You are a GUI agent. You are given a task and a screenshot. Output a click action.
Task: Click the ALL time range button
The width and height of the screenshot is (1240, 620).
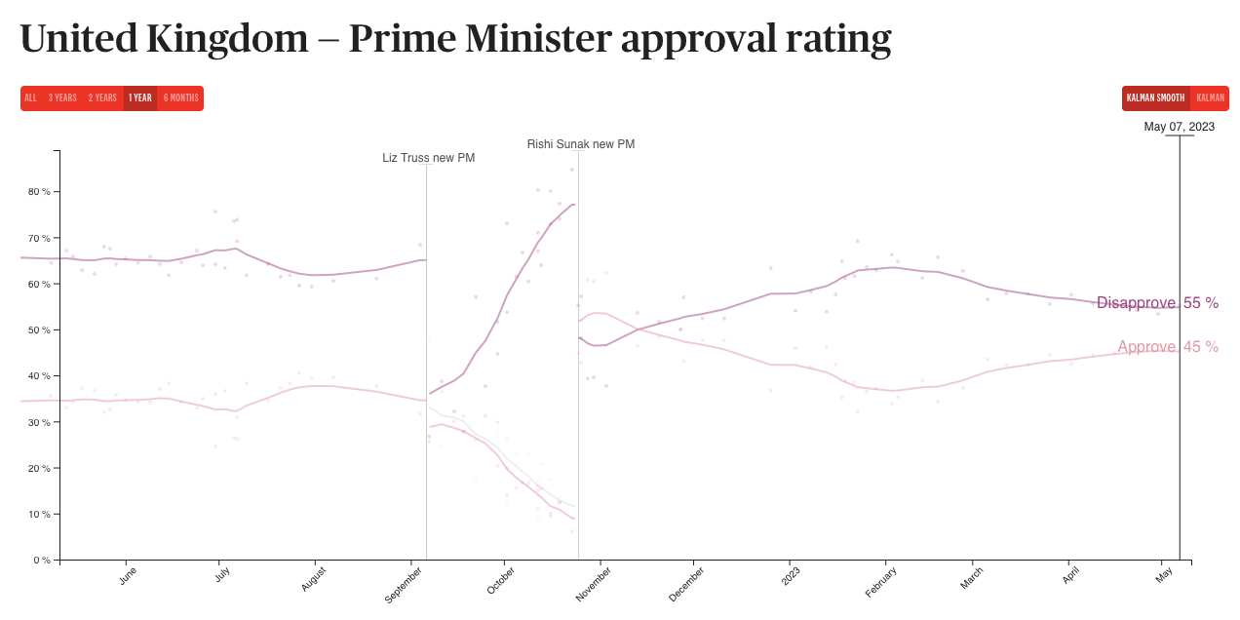[30, 98]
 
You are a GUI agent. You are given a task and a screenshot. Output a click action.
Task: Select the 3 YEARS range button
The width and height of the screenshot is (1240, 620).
[62, 98]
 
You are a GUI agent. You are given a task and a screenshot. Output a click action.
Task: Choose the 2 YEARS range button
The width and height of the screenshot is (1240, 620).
[102, 98]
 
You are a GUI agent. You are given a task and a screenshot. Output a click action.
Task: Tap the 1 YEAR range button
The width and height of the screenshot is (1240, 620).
[140, 98]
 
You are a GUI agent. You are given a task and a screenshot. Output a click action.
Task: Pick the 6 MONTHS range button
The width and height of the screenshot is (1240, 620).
[180, 98]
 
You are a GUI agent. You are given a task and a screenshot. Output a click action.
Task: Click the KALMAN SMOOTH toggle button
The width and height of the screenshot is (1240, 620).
[1155, 98]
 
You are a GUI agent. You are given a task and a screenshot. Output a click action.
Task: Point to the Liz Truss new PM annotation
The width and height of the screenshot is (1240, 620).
[428, 158]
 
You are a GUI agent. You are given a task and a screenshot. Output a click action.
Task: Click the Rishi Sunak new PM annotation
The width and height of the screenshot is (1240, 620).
[581, 144]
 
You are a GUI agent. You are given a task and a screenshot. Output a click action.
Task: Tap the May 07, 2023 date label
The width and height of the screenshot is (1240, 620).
[1179, 127]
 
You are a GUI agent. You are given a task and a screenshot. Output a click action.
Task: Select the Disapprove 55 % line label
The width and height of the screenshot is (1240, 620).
[1157, 303]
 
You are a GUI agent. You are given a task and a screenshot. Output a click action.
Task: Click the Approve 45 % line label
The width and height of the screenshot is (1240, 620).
[1168, 347]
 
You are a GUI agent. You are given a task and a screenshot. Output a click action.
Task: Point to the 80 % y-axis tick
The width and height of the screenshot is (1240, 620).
[40, 192]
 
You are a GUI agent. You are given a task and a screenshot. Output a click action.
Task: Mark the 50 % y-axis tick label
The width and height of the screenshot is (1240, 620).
[40, 330]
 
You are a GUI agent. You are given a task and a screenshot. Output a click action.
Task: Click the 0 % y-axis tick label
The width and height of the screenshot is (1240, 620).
[43, 561]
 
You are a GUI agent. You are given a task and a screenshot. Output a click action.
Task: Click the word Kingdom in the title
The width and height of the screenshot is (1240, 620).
[227, 39]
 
